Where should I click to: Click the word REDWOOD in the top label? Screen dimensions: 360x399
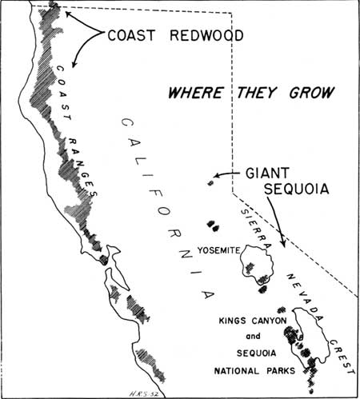pos(206,35)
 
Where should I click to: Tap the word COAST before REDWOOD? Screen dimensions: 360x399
pos(131,35)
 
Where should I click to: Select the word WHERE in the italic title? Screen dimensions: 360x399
pos(195,93)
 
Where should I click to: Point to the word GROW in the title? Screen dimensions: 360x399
pos(312,93)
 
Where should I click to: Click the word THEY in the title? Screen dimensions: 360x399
pos(257,93)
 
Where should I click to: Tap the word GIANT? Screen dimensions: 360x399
pos(267,173)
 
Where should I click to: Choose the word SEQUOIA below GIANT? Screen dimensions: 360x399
pos(296,189)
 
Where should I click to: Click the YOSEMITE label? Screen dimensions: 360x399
pos(218,250)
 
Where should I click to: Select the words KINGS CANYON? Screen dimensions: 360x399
pos(253,321)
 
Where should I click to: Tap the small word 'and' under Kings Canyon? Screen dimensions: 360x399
pos(253,337)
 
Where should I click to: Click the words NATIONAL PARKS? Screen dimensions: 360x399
pos(254,371)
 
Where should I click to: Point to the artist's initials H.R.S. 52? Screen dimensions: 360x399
pos(143,394)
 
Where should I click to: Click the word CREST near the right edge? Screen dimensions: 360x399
pos(342,357)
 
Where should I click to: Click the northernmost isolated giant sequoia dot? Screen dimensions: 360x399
pos(210,183)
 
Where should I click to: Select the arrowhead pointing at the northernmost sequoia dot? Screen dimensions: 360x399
pos(216,176)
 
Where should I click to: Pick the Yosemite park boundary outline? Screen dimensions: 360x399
pos(273,264)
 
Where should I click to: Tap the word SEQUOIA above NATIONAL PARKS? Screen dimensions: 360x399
pos(256,353)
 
